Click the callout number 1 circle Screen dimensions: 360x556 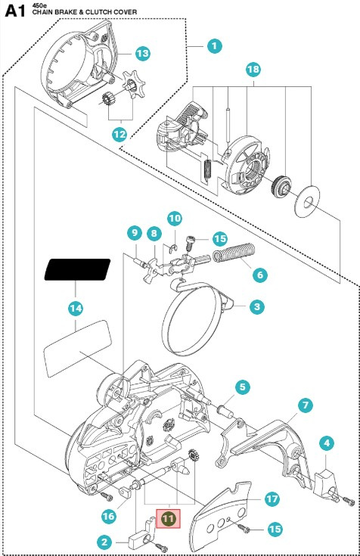[214, 45]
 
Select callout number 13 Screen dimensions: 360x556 [143, 53]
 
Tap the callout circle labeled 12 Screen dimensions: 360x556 [119, 135]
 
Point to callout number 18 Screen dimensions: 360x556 [253, 69]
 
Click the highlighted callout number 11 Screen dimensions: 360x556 [169, 519]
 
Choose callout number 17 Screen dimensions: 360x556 [272, 499]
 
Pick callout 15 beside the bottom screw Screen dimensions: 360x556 [275, 530]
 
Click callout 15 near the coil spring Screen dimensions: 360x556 [220, 238]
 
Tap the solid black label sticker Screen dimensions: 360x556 [77, 269]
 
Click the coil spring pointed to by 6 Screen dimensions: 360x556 [234, 252]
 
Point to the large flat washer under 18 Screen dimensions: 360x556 [308, 200]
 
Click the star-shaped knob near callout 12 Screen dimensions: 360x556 [134, 85]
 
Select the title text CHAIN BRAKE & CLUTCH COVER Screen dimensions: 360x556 [85, 11]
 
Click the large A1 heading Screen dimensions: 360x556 [16, 11]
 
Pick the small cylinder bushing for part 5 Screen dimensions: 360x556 [225, 412]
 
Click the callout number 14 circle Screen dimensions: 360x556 [76, 308]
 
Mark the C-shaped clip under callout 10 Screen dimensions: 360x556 [173, 250]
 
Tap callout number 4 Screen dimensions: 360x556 [327, 443]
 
